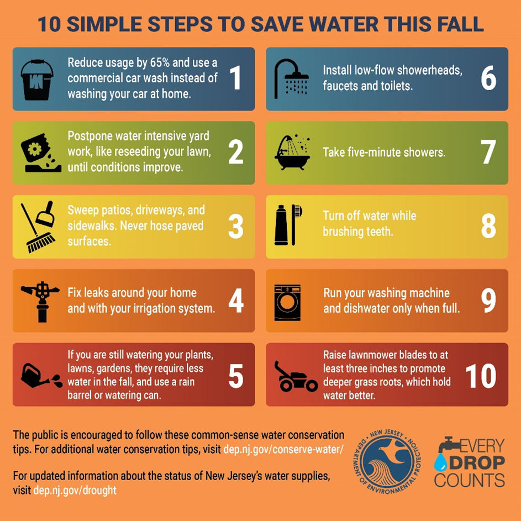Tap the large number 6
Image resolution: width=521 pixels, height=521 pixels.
coord(488,78)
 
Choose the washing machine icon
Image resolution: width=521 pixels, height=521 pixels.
coord(288,302)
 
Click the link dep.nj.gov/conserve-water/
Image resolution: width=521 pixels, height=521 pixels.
coord(283,449)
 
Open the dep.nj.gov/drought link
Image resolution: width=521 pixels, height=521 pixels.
coord(75,490)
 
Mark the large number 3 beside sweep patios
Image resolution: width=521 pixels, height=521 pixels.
coord(235,227)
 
